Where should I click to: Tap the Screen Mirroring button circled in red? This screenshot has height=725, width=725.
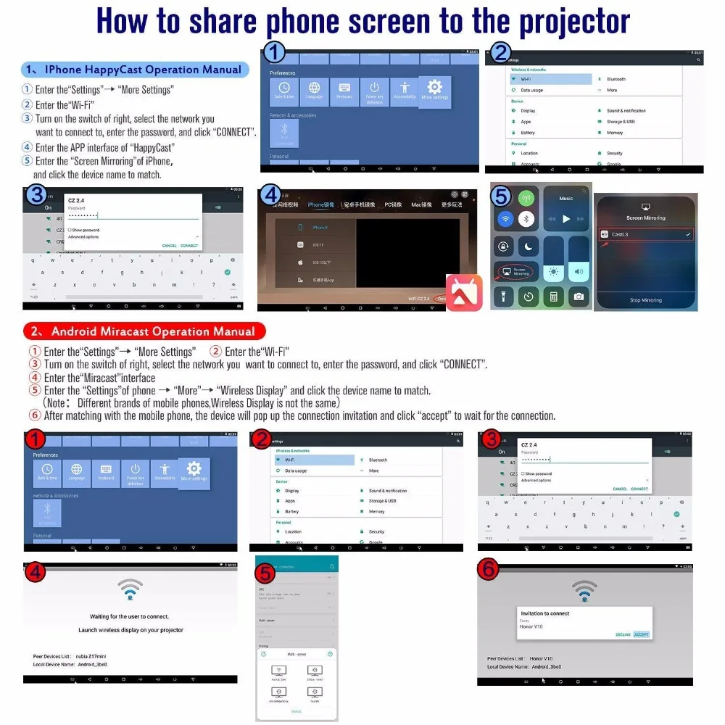coord(514,271)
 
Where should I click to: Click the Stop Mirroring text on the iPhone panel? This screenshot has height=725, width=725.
coord(645,300)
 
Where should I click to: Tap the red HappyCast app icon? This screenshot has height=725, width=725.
coord(463,292)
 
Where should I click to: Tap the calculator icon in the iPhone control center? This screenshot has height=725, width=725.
coord(554,296)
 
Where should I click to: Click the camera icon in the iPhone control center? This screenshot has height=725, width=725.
coord(579,296)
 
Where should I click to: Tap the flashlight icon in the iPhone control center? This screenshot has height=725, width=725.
coord(504,296)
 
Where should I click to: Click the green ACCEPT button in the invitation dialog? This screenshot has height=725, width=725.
coord(642,634)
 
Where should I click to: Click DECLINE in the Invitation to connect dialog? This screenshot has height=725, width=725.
coord(623,634)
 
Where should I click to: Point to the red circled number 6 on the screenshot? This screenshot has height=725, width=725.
coord(490,570)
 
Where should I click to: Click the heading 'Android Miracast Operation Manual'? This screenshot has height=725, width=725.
coord(152,331)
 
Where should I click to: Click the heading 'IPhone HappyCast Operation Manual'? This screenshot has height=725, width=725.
coord(143,70)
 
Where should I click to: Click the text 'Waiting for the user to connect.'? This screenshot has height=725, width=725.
coord(129,616)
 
